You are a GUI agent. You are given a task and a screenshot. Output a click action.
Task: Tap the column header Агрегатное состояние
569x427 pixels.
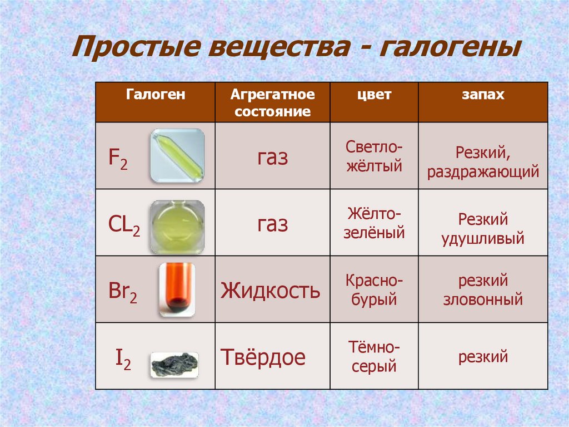[x=272, y=102]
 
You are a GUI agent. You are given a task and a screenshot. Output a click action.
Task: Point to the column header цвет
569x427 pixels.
[x=374, y=95]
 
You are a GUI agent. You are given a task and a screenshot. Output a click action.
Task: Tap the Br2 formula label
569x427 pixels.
[x=123, y=291]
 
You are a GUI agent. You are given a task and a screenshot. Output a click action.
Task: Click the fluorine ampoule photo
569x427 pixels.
[x=177, y=156]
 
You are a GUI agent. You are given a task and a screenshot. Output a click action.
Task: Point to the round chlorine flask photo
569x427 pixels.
[x=177, y=227]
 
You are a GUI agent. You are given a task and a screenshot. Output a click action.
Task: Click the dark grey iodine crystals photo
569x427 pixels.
[x=174, y=365]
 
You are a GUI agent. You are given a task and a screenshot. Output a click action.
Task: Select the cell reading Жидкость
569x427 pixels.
[x=271, y=291]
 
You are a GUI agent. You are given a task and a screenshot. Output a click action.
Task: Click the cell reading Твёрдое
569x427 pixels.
[x=263, y=357]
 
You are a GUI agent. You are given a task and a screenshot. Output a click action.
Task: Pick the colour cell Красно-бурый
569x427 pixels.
[x=374, y=289]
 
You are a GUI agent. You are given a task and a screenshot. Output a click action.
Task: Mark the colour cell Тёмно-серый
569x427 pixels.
[x=374, y=357]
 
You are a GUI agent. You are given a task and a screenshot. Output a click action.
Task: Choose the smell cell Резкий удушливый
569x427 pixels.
[x=482, y=229]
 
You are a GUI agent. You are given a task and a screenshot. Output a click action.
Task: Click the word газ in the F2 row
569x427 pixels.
[x=272, y=158]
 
